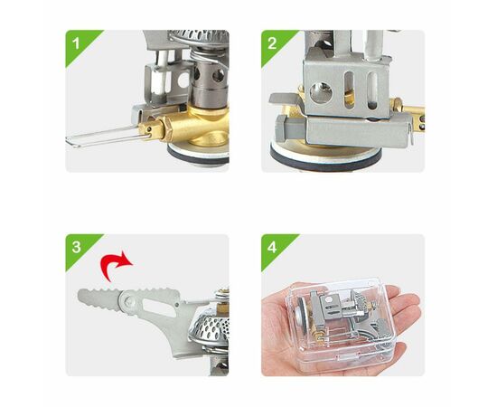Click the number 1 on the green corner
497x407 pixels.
(76, 43)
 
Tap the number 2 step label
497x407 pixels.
(272, 43)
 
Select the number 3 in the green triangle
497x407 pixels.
(77, 247)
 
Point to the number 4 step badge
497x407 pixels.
(272, 247)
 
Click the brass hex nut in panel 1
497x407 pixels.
(166, 129)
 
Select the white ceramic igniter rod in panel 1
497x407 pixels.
(162, 75)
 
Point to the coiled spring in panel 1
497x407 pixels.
(204, 55)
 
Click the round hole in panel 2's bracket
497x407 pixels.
(321, 93)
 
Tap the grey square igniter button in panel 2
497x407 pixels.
(291, 129)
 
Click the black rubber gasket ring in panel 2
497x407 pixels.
(326, 162)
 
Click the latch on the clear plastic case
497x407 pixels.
(347, 358)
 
